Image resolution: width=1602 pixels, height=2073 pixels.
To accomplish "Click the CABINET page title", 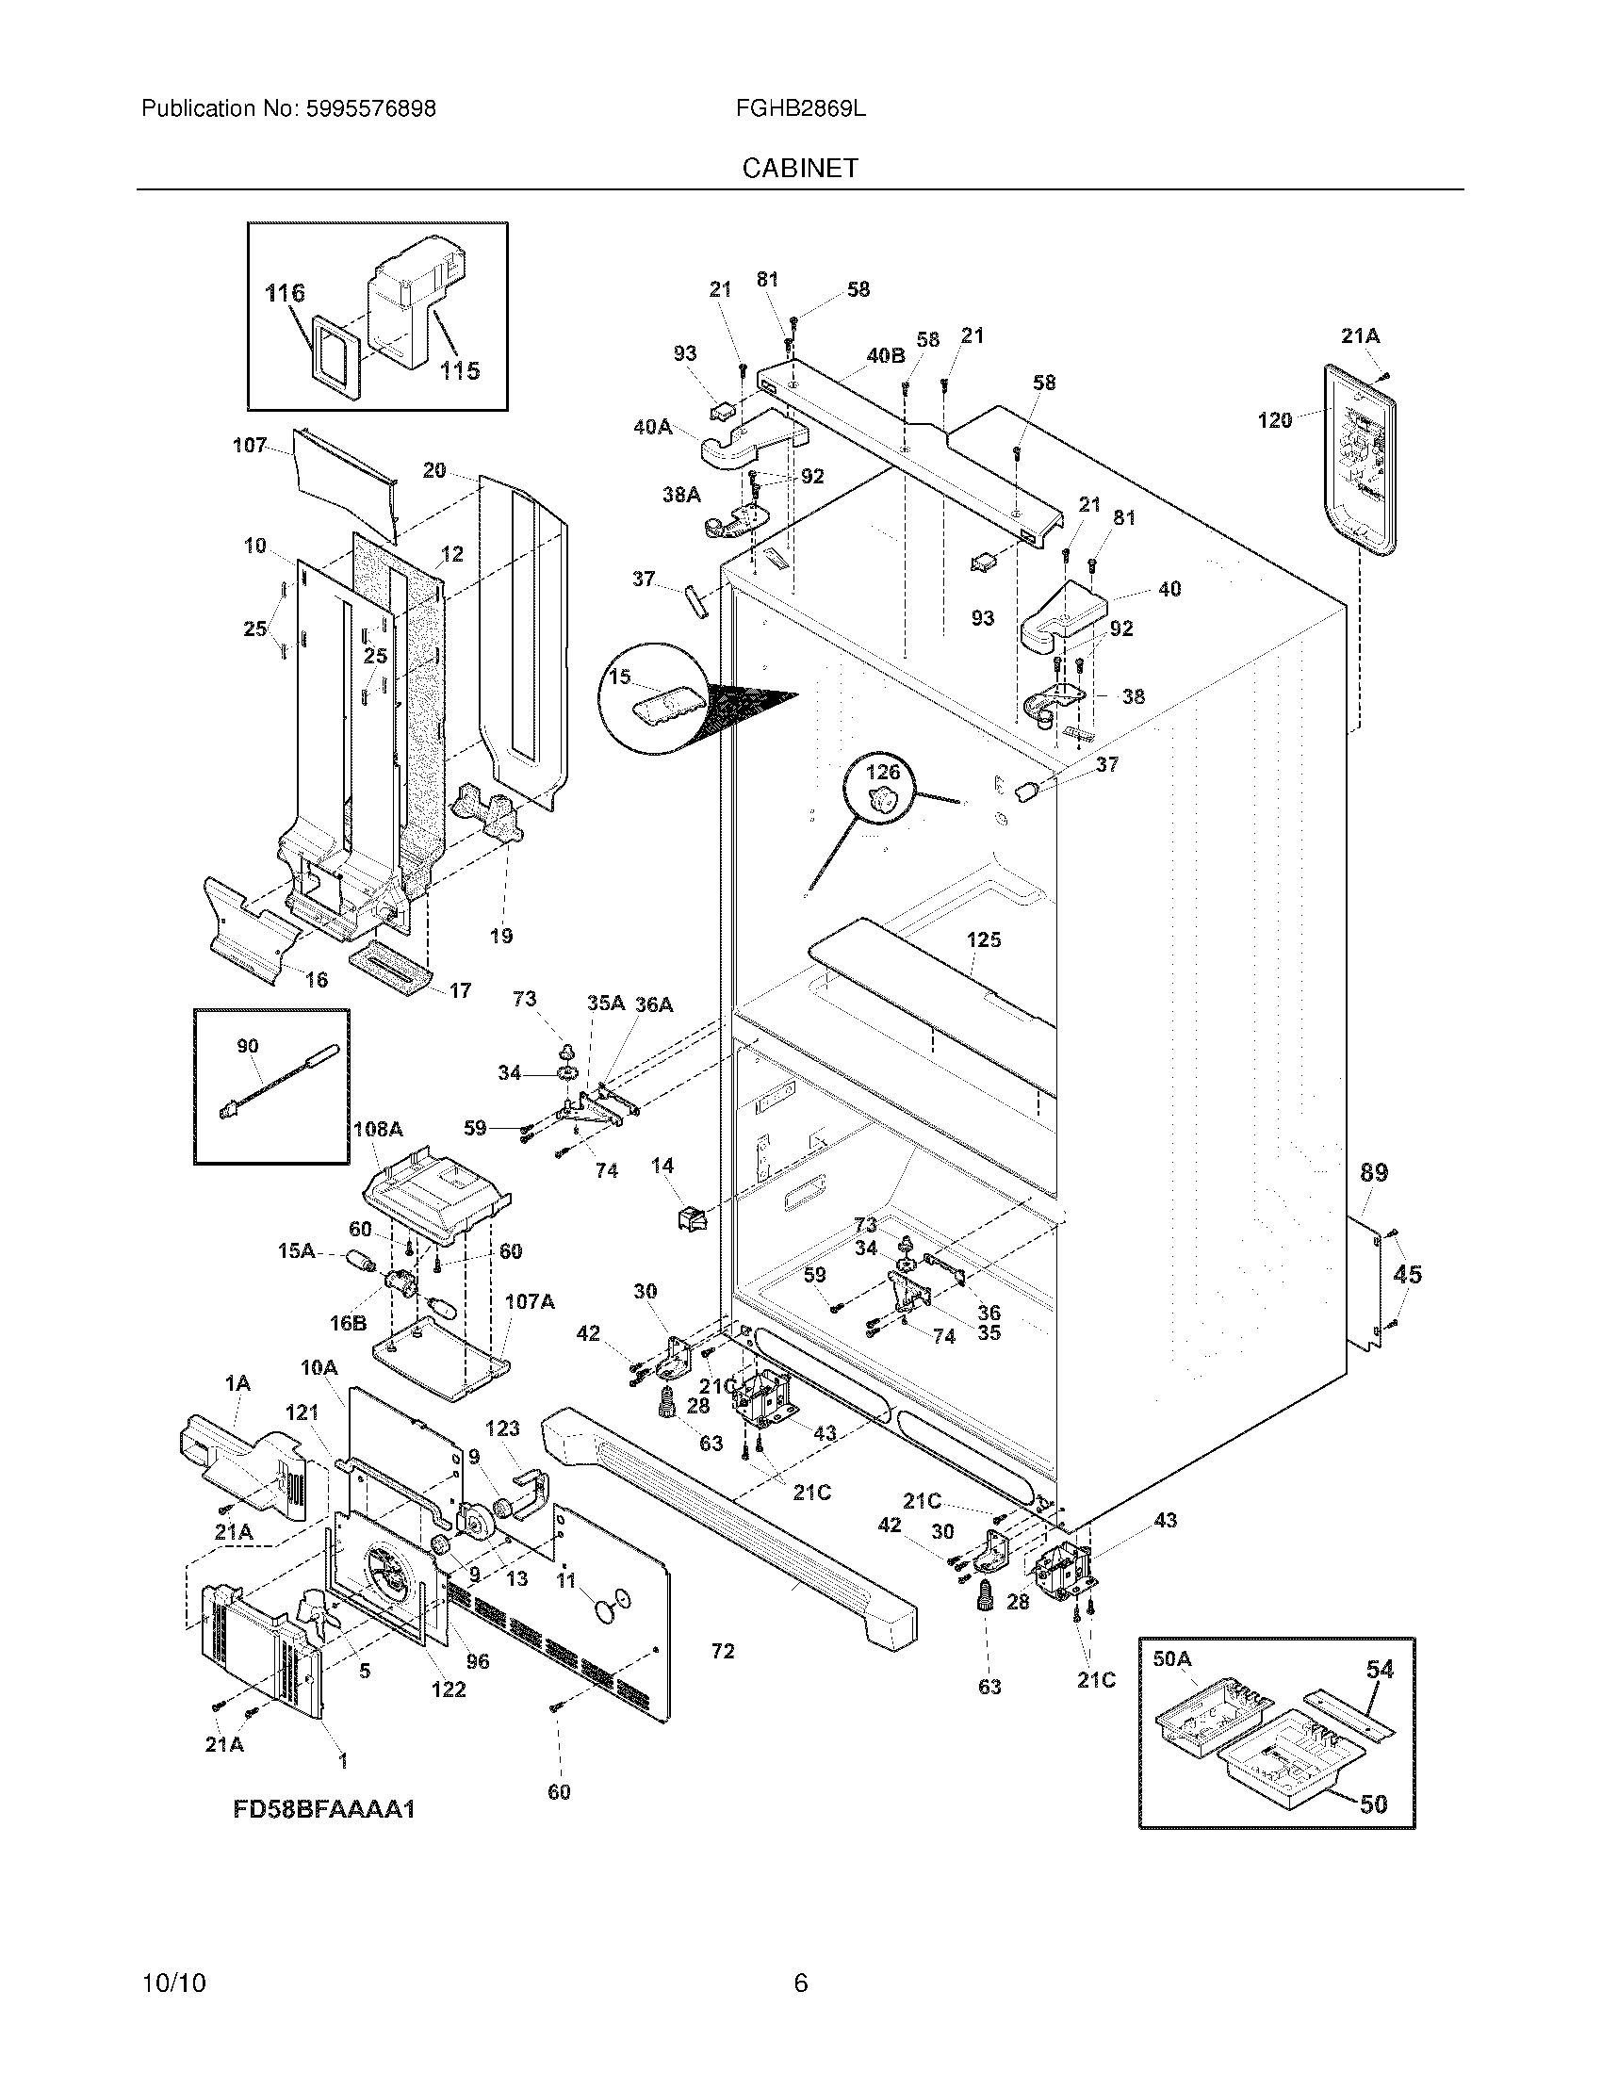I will click(800, 168).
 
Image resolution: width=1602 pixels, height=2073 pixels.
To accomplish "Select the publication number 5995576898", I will click(370, 109).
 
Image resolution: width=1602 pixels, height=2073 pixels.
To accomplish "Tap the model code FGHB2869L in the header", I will click(800, 109).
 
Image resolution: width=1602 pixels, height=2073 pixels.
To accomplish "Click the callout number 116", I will click(285, 293).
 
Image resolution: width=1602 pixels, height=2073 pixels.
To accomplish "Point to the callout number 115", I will click(459, 371).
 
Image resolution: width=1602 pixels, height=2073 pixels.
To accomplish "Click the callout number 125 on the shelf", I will click(983, 939).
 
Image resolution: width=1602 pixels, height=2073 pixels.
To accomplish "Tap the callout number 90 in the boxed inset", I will click(247, 1046).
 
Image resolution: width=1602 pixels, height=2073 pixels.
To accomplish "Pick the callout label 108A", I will click(378, 1130).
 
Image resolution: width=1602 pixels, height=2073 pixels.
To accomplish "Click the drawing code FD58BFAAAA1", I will click(324, 1809).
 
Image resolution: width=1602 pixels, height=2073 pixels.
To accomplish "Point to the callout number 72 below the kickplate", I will click(722, 1652).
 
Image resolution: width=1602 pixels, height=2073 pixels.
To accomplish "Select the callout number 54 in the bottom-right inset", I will click(1379, 1669).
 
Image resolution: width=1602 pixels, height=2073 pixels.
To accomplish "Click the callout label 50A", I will click(1171, 1659).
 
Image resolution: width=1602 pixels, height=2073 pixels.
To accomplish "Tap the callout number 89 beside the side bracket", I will click(1373, 1173).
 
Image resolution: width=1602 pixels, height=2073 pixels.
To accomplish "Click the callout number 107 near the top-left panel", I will click(250, 445).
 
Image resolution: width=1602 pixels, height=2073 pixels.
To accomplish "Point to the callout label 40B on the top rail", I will click(885, 356).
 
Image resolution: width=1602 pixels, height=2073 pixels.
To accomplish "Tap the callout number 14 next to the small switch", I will click(662, 1165).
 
